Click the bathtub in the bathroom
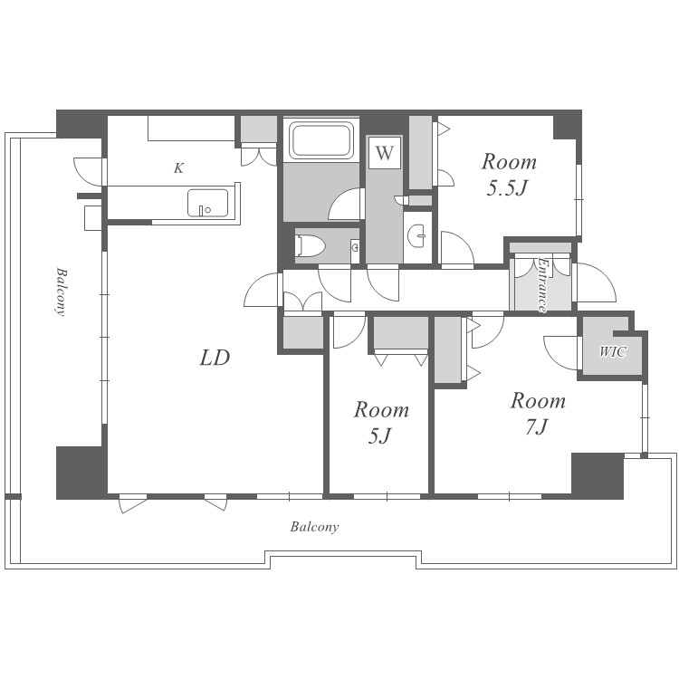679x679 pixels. click(x=320, y=139)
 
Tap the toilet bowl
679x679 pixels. click(x=310, y=246)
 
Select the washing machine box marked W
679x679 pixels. click(x=385, y=153)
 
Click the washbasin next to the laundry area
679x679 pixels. click(x=417, y=236)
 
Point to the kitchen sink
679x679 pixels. click(x=208, y=203)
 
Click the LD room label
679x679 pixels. click(x=215, y=358)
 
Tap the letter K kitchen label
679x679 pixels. click(x=179, y=168)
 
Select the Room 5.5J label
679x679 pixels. click(x=509, y=175)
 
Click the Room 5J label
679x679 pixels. click(x=381, y=423)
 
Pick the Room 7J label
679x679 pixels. click(x=538, y=414)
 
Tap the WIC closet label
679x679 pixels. click(x=612, y=351)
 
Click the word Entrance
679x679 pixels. click(x=542, y=284)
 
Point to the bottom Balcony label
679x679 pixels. click(x=314, y=527)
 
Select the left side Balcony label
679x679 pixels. click(x=62, y=292)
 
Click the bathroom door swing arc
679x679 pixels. click(x=344, y=204)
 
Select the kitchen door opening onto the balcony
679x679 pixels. click(x=89, y=172)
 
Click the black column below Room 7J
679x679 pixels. click(x=598, y=476)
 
